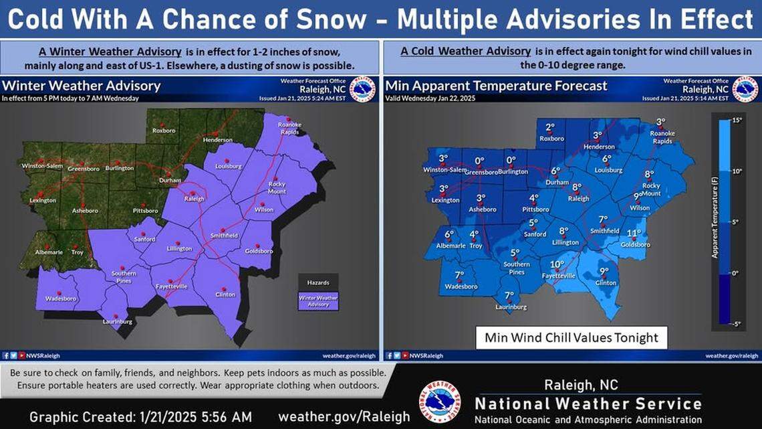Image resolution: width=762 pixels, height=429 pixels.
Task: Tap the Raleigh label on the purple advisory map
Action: [x=195, y=199]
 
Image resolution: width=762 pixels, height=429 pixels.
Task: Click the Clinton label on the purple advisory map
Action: [x=225, y=294]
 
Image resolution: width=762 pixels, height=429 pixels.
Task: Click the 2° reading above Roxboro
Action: [x=550, y=128]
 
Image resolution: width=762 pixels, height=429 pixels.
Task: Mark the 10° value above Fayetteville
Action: [x=557, y=264]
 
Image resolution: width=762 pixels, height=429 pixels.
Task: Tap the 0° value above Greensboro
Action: [x=479, y=161]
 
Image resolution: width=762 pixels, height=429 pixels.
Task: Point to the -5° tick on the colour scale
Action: [x=737, y=325]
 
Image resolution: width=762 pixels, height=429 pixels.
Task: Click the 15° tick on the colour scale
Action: [x=737, y=120]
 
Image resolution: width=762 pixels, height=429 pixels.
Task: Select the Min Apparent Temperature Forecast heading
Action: [x=496, y=86]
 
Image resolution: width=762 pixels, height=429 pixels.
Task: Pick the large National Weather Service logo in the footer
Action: [x=439, y=402]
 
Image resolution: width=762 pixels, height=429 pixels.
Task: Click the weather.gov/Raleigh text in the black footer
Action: [x=344, y=416]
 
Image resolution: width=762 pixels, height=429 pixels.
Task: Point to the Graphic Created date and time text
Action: [x=140, y=416]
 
